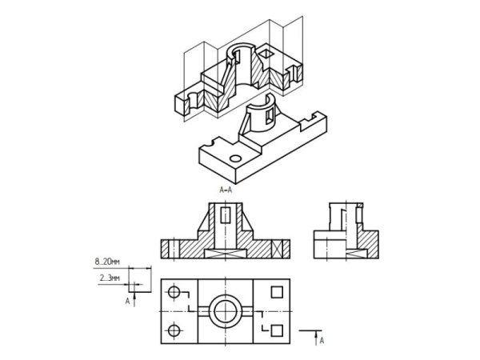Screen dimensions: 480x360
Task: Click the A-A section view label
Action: click(226, 190)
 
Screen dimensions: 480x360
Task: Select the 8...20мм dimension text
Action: click(107, 262)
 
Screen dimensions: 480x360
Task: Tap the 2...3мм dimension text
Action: click(110, 278)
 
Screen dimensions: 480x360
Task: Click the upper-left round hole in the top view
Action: click(174, 292)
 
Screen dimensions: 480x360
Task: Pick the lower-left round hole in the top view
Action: click(174, 330)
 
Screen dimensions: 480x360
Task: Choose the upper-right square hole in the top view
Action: click(277, 292)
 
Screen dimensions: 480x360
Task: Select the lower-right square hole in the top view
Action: click(277, 330)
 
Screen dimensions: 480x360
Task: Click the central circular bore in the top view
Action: click(226, 311)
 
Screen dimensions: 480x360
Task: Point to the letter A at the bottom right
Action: click(322, 341)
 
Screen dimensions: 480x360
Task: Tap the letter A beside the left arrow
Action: click(128, 302)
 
